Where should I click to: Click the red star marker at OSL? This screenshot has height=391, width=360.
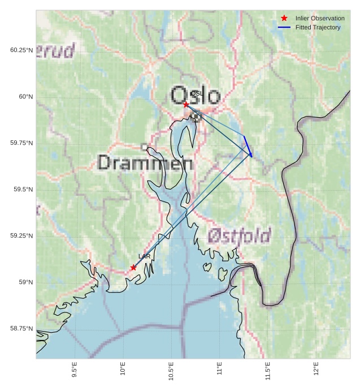(x=186, y=104)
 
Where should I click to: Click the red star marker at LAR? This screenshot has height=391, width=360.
(x=133, y=268)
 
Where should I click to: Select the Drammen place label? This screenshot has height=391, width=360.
(x=145, y=163)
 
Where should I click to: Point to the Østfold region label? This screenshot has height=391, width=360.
(x=239, y=235)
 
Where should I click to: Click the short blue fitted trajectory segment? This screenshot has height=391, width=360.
(x=248, y=145)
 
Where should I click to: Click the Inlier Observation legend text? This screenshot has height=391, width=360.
(x=319, y=18)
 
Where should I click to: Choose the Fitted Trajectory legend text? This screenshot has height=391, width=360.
(x=318, y=27)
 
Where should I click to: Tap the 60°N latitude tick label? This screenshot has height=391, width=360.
(x=22, y=97)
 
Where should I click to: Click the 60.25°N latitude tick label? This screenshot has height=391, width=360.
(x=21, y=50)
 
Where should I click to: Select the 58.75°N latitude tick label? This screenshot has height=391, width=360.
(x=21, y=329)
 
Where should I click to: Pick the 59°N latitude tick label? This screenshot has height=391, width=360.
(x=22, y=282)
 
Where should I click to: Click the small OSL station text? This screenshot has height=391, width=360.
(x=196, y=93)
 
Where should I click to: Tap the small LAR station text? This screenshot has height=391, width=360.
(x=144, y=257)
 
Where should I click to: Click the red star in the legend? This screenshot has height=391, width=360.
(x=284, y=18)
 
